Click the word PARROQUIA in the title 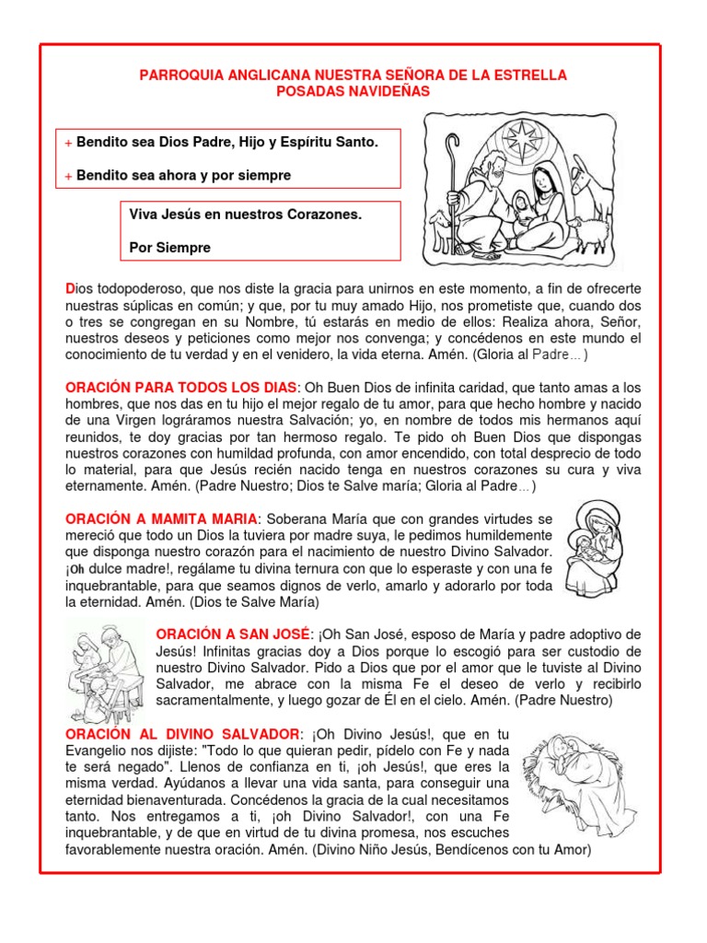point(177,75)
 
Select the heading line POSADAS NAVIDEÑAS point(353,91)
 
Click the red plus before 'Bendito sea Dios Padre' point(68,145)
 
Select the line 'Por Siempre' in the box point(169,248)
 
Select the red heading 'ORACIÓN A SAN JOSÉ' point(234,634)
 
